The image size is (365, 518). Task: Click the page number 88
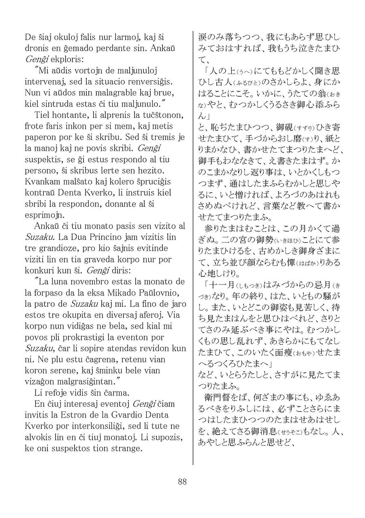(x=182, y=482)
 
